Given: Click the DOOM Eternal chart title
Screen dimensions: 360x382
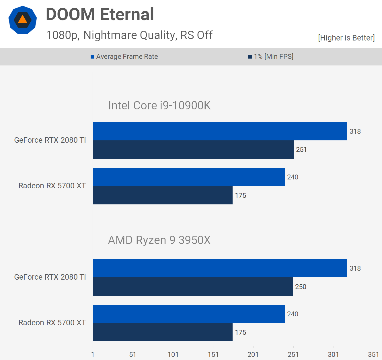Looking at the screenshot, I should [x=100, y=14].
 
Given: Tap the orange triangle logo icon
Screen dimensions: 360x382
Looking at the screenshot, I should [x=23, y=20].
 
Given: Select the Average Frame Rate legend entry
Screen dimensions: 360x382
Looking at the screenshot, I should [x=127, y=57].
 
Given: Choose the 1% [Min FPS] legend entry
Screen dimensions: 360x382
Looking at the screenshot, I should [x=273, y=57].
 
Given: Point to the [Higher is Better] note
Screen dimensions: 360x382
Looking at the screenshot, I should [x=346, y=38].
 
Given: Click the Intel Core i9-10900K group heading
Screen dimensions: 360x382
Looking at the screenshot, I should [x=159, y=105].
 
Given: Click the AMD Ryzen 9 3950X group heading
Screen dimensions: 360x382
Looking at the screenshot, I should [x=159, y=240].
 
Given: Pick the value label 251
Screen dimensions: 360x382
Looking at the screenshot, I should [x=301, y=150].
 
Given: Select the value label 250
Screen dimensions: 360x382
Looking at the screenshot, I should [x=301, y=287].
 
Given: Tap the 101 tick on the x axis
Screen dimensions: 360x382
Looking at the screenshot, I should [x=173, y=355].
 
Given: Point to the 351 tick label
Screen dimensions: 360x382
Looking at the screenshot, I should [x=373, y=355].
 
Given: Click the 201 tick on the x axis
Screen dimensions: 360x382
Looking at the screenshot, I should [x=253, y=355].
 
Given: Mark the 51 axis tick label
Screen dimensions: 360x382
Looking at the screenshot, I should [x=132, y=355].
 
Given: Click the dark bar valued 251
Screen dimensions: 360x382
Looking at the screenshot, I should [x=193, y=150].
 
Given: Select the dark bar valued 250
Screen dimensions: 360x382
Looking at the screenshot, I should [x=193, y=287].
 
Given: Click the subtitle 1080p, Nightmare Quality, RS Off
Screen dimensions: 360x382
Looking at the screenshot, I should [x=129, y=35].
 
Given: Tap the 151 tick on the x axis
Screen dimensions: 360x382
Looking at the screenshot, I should [x=213, y=355].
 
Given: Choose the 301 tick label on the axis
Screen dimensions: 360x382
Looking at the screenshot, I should [x=333, y=355].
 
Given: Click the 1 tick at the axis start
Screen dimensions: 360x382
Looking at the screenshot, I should [x=93, y=355].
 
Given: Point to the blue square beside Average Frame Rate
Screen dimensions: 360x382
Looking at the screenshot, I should [x=92, y=57].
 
